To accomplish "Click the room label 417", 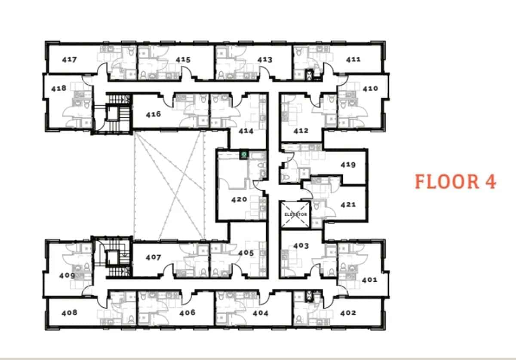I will [x=69, y=60].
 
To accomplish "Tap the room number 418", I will [x=58, y=88].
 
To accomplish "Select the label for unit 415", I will [x=183, y=60].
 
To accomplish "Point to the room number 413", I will [x=264, y=60].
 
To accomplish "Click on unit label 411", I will [x=353, y=59].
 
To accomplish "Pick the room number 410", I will [x=370, y=88].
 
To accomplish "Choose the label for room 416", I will [x=153, y=114].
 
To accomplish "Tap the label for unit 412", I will [x=301, y=131].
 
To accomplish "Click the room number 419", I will [x=348, y=165].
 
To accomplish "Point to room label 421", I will [x=348, y=204].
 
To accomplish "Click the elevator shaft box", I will [x=295, y=214].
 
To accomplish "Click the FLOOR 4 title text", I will [x=455, y=182].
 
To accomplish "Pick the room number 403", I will [x=301, y=246].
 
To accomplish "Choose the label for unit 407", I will [x=153, y=257].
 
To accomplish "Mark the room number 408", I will [x=69, y=313].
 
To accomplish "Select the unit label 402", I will [x=348, y=313].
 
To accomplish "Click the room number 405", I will [x=246, y=253].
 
